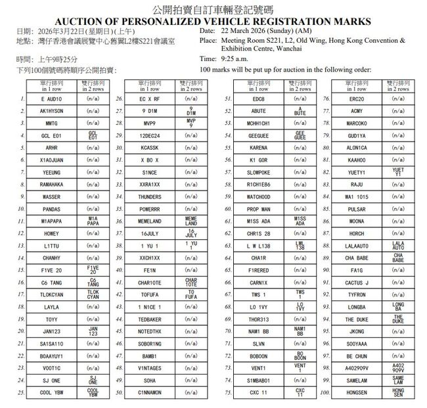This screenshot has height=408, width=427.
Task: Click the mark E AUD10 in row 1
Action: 51,99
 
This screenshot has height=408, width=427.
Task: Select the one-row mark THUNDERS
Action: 150,197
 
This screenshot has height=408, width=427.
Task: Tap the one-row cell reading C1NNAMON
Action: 150,393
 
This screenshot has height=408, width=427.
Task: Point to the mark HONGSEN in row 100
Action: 357,393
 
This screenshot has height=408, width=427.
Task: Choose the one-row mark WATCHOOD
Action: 258,197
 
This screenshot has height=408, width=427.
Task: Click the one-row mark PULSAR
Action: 357,209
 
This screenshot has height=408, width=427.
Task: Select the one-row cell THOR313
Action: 258,319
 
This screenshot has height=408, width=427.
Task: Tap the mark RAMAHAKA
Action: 51,185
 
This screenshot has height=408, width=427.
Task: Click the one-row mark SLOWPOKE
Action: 258,172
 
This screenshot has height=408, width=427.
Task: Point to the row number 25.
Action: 21,393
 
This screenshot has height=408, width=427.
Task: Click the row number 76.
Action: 326,99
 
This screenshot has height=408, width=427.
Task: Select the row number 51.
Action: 228,99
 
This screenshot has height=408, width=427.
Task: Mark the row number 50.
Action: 120,393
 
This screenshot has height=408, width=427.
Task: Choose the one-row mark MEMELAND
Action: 150,221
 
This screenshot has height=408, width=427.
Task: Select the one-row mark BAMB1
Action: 150,356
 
